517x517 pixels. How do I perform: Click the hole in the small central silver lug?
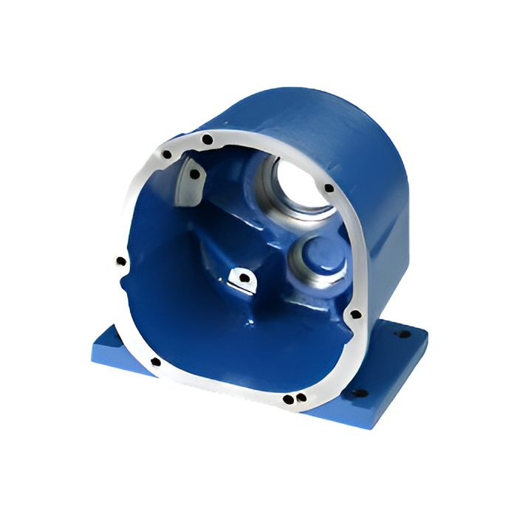241,278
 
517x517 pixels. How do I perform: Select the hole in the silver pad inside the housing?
194,174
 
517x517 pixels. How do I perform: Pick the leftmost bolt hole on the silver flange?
120,261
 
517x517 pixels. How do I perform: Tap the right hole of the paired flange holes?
299,397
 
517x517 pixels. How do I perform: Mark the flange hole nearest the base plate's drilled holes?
355,314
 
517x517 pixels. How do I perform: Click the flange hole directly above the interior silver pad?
167,155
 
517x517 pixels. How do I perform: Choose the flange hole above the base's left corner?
154,362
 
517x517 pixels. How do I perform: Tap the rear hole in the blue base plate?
405,335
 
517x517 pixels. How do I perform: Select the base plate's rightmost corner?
428,336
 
